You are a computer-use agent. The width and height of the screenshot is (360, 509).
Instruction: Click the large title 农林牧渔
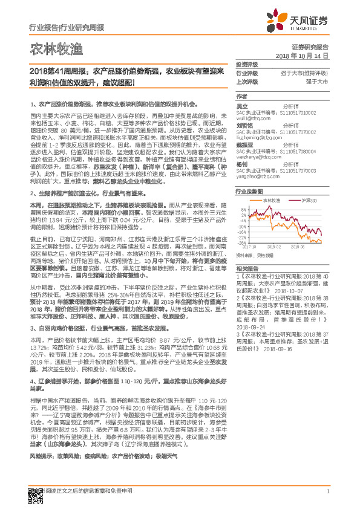click(x=48, y=48)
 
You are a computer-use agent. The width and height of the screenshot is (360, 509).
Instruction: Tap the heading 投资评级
click(x=246, y=64)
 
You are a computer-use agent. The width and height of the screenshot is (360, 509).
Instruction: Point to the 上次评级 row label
click(x=246, y=80)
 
